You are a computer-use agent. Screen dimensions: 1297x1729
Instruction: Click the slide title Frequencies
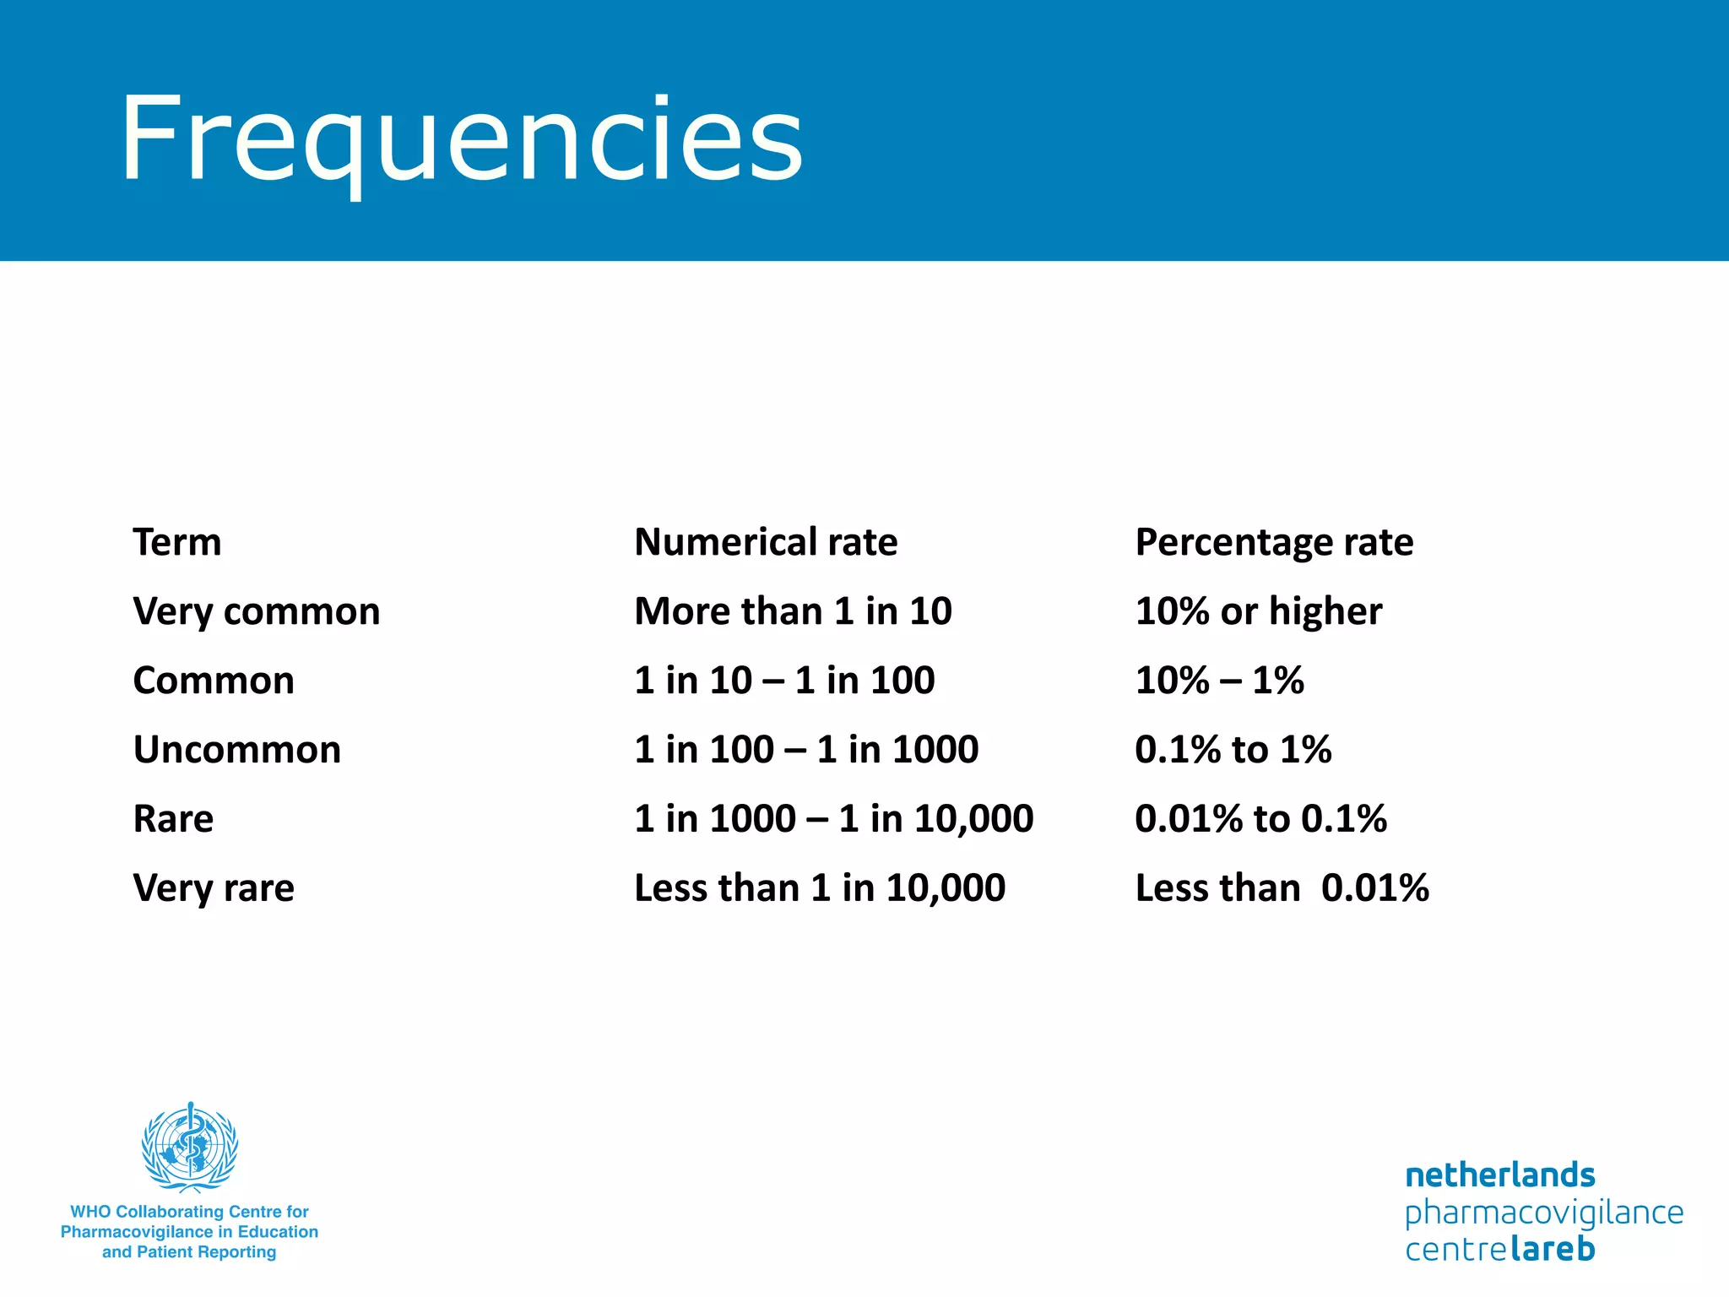pos(461,139)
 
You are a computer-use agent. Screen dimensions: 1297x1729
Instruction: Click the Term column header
pos(177,542)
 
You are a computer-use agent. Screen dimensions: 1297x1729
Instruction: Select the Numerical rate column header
pos(766,542)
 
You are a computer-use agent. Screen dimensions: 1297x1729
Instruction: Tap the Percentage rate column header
pos(1274,542)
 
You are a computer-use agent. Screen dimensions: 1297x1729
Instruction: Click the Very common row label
pos(257,611)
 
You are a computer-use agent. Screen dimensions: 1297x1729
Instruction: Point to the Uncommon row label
pos(237,750)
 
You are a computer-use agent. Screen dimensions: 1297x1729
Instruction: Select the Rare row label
pos(173,819)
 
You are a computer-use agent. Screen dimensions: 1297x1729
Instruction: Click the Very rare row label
pos(214,888)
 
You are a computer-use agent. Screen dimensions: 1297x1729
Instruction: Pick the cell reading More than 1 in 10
pos(793,611)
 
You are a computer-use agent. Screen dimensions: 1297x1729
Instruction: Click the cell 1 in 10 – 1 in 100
pos(784,681)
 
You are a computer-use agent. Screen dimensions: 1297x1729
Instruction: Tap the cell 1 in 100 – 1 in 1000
pos(806,750)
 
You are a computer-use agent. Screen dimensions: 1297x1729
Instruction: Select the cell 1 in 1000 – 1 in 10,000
pos(833,819)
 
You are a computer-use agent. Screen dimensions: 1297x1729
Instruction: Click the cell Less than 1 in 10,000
pos(820,888)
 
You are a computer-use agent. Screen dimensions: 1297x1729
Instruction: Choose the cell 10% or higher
pos(1259,611)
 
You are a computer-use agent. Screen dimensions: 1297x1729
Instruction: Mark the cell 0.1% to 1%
pos(1233,750)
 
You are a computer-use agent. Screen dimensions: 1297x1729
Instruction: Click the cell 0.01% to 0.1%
pos(1260,819)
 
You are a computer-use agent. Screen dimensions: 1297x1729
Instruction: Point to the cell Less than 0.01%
pos(1282,888)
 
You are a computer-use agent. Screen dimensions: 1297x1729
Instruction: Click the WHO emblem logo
pos(190,1147)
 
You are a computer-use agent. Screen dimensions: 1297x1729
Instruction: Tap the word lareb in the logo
pos(1553,1249)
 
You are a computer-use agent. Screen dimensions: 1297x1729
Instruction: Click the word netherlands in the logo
pos(1500,1175)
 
